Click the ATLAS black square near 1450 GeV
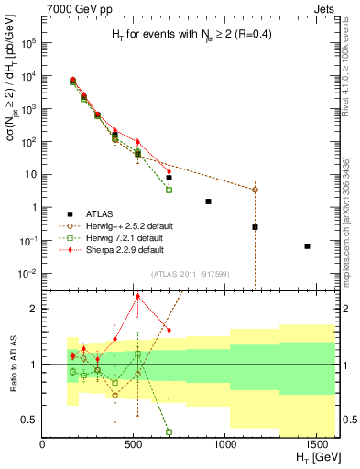(308, 245)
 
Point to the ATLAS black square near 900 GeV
(208, 202)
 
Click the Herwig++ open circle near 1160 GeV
(256, 190)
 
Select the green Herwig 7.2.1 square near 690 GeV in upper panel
(169, 190)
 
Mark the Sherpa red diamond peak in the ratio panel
(138, 296)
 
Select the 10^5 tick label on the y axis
(28, 43)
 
